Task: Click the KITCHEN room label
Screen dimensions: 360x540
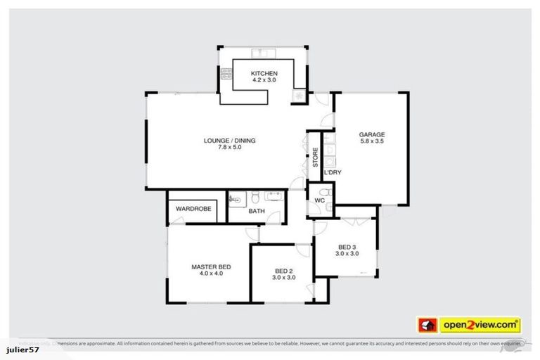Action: coord(265,73)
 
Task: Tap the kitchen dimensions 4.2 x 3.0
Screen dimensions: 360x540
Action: coord(265,81)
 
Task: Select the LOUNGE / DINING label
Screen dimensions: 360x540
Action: coord(230,141)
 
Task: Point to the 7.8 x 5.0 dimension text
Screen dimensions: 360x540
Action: coord(230,148)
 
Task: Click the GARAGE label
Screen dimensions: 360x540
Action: coord(372,134)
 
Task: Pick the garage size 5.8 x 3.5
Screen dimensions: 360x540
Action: coord(372,142)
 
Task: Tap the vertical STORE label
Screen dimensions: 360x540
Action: coord(316,157)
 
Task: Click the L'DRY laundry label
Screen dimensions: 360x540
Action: coord(332,172)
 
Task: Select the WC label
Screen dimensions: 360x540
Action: coord(319,200)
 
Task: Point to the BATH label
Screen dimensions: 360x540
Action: coord(257,211)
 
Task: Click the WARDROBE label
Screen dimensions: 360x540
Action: coord(193,209)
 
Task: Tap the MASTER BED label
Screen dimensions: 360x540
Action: coord(211,266)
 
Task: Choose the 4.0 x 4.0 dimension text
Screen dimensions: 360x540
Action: coord(211,274)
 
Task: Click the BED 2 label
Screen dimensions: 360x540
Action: coord(284,270)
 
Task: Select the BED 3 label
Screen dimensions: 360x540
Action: coord(347,247)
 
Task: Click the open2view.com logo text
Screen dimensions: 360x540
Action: coord(480,325)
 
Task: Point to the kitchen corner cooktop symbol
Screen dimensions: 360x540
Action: coord(300,95)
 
